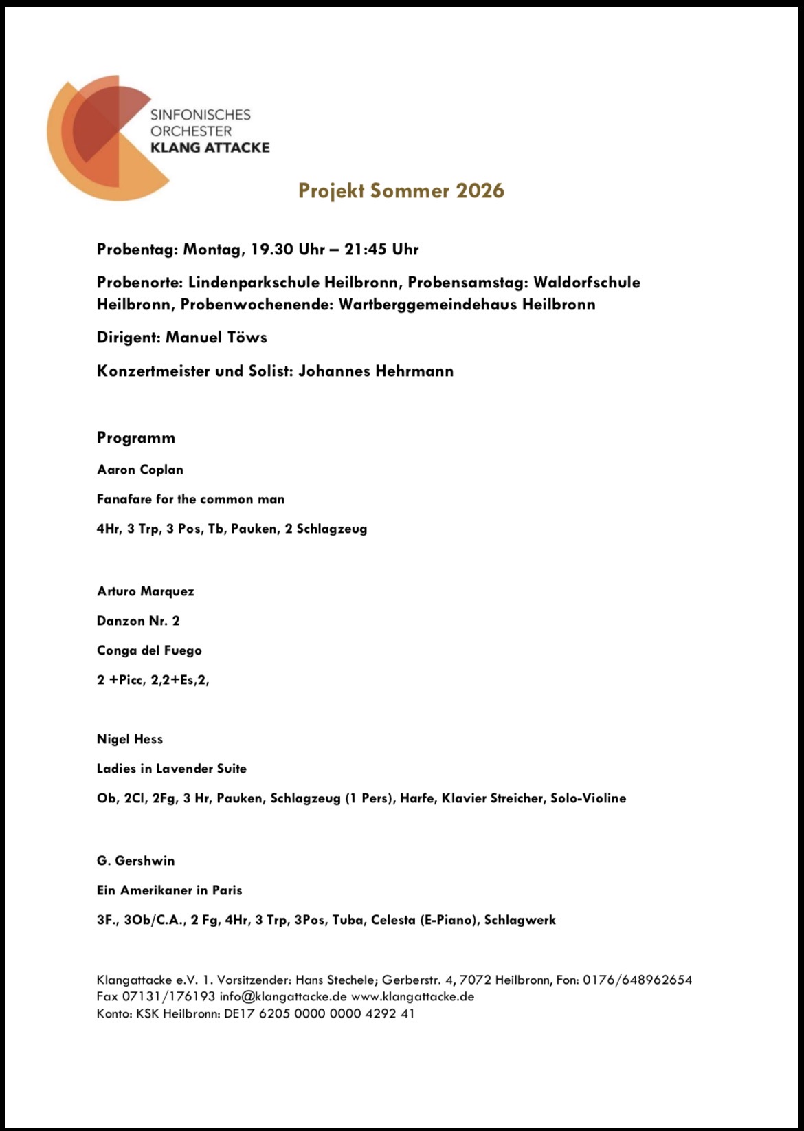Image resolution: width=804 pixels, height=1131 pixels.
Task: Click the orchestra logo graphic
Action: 103,138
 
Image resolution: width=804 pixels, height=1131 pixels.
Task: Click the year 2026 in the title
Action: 480,190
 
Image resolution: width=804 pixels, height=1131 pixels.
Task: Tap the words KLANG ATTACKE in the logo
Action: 210,147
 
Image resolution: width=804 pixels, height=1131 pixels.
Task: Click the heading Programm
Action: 136,438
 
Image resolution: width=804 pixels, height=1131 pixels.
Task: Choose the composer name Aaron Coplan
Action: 140,470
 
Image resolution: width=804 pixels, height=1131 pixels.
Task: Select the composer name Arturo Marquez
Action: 146,591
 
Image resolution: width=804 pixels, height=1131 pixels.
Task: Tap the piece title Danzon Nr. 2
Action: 138,621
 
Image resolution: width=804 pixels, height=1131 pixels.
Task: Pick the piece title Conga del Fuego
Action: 149,650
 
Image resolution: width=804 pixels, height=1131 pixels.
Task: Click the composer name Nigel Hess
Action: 130,739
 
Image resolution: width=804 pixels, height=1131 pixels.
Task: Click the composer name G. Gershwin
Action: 136,861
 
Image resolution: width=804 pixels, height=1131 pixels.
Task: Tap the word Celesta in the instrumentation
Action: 393,920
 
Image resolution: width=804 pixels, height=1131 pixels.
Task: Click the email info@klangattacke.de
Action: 283,996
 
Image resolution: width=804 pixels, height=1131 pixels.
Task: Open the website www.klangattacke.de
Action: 412,996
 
